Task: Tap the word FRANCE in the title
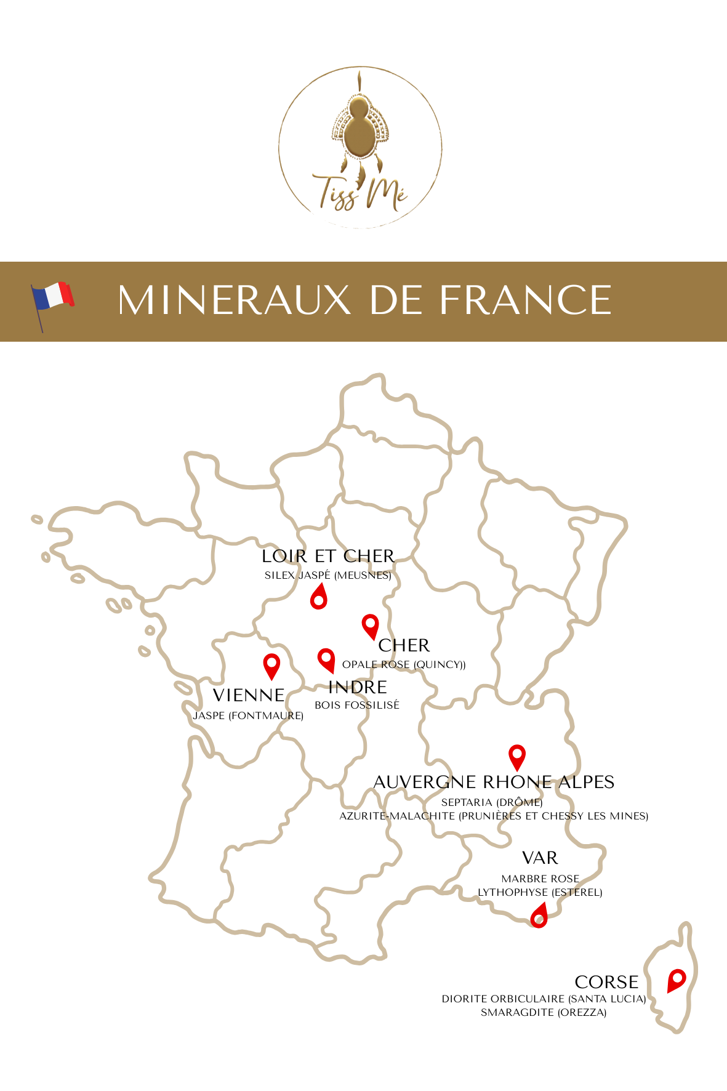coord(525,300)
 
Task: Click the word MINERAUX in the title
coord(235,300)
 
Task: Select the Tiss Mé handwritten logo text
coord(360,191)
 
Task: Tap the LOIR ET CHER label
coord(328,556)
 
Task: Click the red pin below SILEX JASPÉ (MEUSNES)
coord(318,597)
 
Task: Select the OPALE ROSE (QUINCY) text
coord(404,664)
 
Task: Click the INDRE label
coord(358,687)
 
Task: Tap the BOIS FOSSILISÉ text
coord(357,705)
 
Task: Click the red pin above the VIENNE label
coord(271,665)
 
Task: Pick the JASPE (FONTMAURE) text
coord(248,715)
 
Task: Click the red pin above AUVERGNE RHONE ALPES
coord(517,756)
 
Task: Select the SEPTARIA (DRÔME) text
coord(492,802)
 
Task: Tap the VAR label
coord(540,858)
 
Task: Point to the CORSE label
coord(606,982)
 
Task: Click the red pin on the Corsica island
coord(676,979)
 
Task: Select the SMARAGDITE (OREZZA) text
coord(544,1012)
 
